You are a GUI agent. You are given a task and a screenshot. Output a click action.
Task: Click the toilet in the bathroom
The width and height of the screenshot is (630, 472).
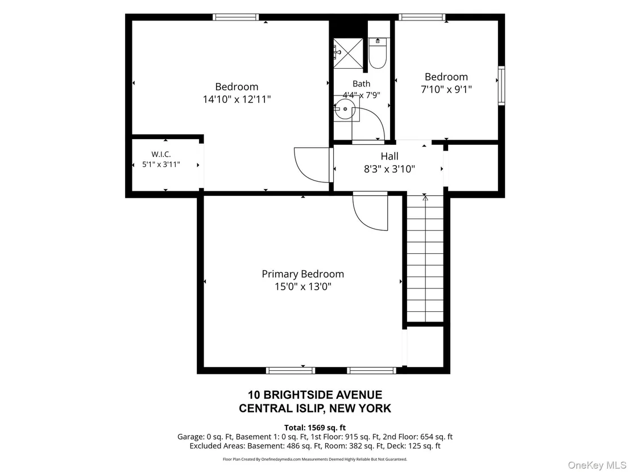(x=378, y=53)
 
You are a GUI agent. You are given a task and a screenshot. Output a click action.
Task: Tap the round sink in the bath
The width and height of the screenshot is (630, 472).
(x=345, y=108)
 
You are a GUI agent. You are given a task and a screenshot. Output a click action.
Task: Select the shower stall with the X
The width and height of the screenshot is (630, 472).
(x=348, y=53)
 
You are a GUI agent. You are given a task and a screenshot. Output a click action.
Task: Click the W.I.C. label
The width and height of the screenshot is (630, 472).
(x=161, y=154)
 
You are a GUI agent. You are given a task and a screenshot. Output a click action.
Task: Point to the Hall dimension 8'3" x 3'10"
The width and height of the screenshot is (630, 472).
(x=389, y=169)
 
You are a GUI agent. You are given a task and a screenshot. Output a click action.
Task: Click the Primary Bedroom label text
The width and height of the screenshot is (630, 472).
(x=303, y=274)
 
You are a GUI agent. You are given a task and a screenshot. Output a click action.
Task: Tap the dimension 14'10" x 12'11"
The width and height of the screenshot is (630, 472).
(x=237, y=99)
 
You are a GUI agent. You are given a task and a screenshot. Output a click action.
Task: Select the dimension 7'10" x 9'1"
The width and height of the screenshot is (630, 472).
(x=446, y=89)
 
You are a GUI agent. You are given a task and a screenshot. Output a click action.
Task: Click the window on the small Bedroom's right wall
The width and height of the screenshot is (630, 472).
(x=501, y=86)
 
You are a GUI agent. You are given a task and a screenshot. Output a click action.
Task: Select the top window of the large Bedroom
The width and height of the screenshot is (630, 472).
(x=235, y=17)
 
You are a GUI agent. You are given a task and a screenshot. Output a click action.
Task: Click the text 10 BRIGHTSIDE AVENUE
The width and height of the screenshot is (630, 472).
(x=315, y=395)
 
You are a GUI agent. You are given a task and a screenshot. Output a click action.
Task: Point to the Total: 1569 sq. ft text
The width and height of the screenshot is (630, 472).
(x=315, y=428)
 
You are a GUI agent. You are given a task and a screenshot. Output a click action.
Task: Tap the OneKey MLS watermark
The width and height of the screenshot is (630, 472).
(x=596, y=465)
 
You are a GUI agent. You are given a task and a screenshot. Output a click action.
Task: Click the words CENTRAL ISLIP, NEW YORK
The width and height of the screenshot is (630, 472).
(x=315, y=408)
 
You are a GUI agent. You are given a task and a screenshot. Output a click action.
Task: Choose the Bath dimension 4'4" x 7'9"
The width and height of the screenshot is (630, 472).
(x=361, y=95)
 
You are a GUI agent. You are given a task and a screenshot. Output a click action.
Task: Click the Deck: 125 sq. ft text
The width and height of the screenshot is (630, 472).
(x=424, y=446)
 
